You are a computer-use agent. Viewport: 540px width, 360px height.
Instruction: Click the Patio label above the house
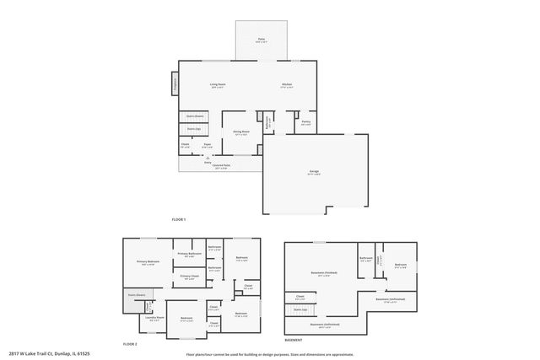pos(262,40)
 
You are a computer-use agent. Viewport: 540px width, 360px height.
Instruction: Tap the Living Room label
pos(218,84)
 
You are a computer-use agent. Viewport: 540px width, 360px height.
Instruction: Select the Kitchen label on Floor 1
pos(288,84)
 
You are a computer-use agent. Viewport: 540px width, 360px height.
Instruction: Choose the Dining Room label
pos(240,132)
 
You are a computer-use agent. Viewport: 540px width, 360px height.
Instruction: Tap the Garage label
pos(314,171)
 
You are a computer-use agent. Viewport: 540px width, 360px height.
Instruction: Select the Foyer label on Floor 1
pos(207,145)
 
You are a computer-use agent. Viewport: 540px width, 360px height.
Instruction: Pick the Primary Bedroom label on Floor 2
pos(148,261)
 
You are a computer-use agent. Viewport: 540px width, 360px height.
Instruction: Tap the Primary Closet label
pos(189,277)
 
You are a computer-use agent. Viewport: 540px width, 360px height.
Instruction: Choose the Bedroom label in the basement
pos(401,265)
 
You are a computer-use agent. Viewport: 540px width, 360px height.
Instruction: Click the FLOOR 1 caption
pos(178,219)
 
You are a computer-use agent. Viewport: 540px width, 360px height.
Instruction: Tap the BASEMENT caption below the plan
pos(294,340)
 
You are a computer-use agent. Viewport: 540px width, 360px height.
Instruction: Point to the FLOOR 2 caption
pos(130,344)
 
